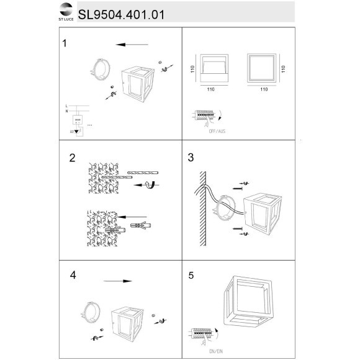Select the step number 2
click(72, 158)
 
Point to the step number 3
click(191, 158)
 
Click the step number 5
click(191, 274)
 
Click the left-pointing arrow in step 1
click(132, 45)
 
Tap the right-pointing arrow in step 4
click(121, 281)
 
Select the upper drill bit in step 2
click(143, 172)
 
